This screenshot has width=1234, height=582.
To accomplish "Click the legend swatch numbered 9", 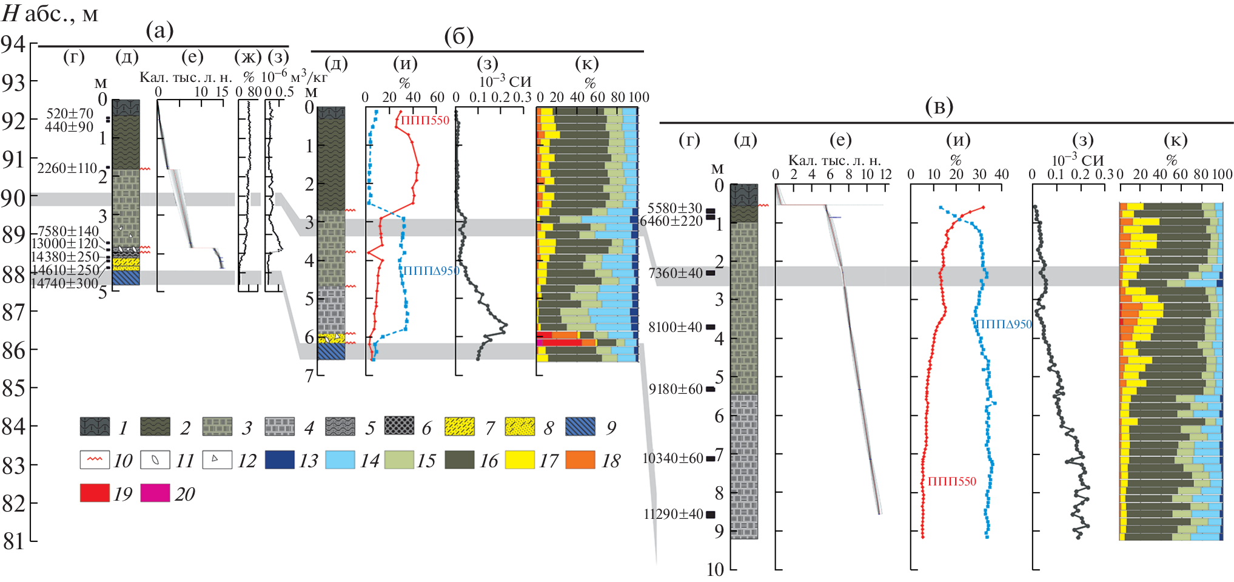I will pos(580,427).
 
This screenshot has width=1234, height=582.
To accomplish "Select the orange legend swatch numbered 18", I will pos(580,460).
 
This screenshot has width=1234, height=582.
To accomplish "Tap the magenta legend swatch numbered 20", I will pos(155,493).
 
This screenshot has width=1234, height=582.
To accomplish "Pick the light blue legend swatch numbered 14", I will pos(340,460).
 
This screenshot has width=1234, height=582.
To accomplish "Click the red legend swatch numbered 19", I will pos(95,493).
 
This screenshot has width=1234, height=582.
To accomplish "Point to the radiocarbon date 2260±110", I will pos(67,168).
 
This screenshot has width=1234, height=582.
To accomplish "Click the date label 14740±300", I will pos(64,283).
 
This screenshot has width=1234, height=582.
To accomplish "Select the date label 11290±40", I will pos(673,514).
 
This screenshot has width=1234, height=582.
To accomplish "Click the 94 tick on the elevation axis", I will pos(13,44).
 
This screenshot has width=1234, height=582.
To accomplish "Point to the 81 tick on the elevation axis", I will pos(13,541).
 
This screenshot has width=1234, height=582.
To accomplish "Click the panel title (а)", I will pos(160,30).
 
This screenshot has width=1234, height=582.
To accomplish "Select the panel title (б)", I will pos(458,36).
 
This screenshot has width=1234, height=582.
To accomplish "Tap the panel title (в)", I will pos(939,107).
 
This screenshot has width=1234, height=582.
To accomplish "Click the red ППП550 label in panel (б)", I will pos(425,120).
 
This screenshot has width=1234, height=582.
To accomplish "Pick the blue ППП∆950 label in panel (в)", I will pos(1004,324).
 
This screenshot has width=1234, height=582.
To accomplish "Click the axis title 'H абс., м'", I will pos(50,13).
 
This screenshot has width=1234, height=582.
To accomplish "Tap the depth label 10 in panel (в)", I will pos(715,569).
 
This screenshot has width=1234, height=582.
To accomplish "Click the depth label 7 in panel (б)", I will pos(309,376).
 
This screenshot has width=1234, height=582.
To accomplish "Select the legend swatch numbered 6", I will pos(400,427).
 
